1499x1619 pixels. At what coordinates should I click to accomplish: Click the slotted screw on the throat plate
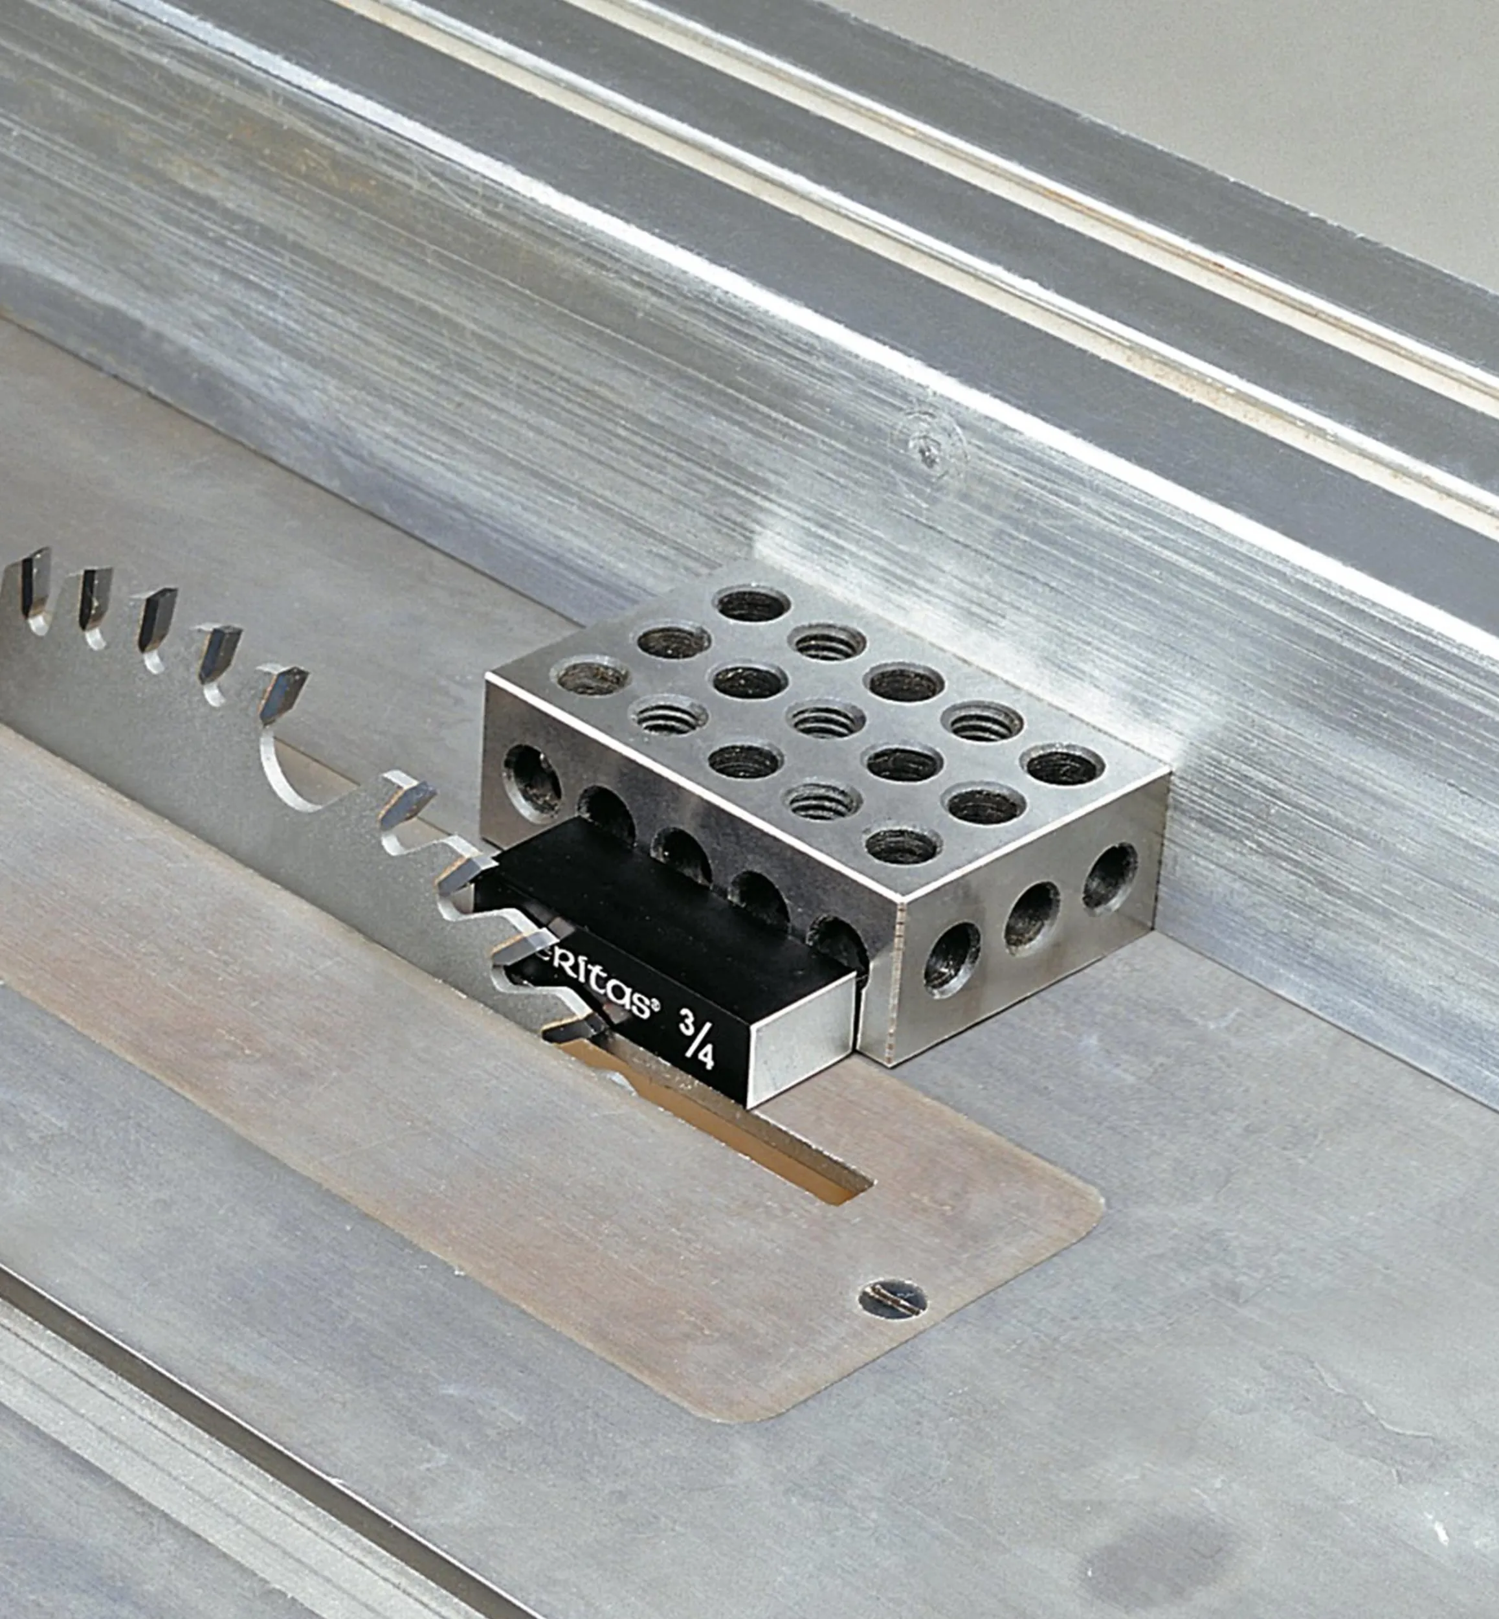point(893,1299)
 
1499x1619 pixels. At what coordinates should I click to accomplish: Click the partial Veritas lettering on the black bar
point(599,987)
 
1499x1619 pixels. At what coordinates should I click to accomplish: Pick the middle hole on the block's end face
point(1032,916)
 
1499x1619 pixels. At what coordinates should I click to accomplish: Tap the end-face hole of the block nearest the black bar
point(951,958)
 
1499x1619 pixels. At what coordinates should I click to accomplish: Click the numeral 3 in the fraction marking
point(688,1021)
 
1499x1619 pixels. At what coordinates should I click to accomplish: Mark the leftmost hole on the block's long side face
point(531,781)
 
